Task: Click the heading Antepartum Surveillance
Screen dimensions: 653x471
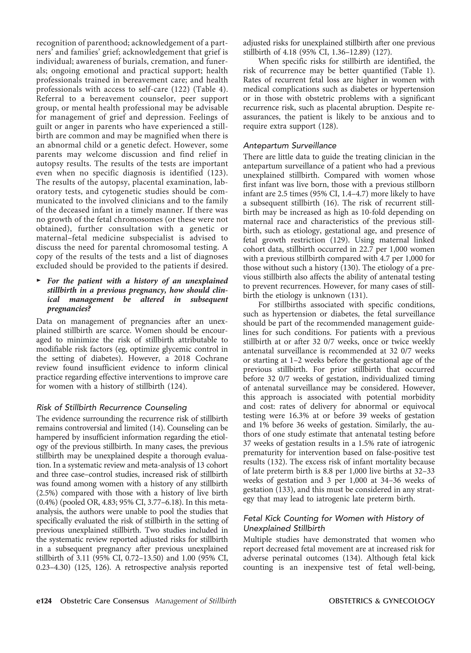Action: [x=290, y=145]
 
